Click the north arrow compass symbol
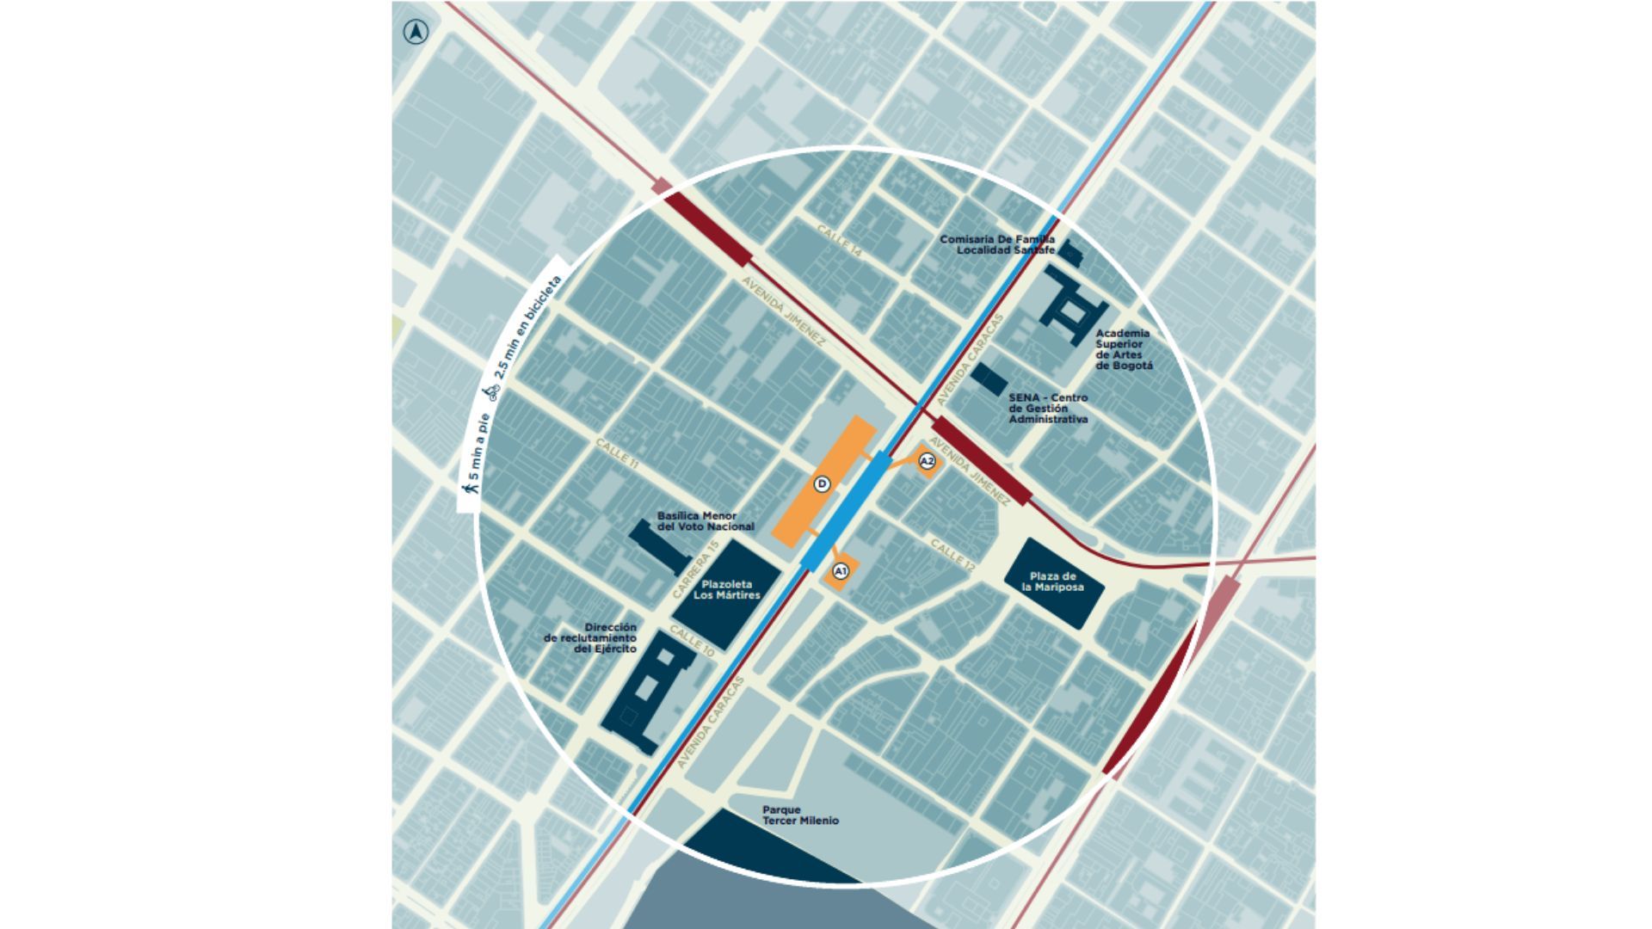[416, 33]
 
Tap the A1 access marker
[841, 571]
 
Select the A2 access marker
[927, 462]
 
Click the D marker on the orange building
[822, 484]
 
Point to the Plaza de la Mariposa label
[1052, 581]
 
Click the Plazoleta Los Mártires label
[727, 589]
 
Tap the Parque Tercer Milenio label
[800, 815]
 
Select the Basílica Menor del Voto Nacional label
[706, 521]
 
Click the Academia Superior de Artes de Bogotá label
[1124, 349]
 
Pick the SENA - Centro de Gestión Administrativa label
[1048, 409]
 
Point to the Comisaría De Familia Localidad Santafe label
[997, 244]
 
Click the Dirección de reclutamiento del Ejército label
[591, 638]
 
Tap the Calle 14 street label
[839, 242]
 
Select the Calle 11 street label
[618, 452]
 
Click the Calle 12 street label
[952, 555]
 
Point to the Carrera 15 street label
[695, 569]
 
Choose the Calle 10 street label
[692, 642]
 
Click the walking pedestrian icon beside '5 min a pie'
[471, 489]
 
